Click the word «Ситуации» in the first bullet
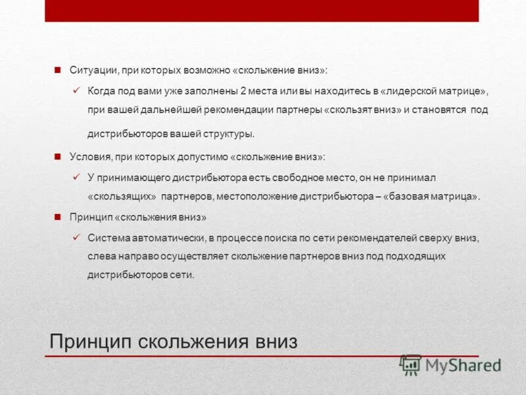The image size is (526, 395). coord(89,69)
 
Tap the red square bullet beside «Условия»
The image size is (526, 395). coord(57,157)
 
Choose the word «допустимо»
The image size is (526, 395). coord(204,157)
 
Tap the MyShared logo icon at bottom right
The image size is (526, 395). coord(411,364)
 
